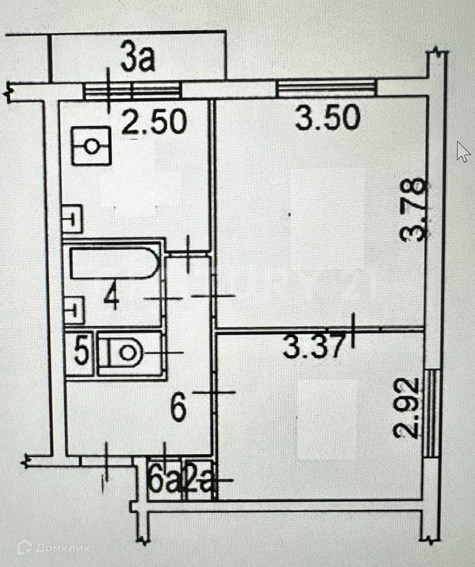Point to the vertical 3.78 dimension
(413, 209)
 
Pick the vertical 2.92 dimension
(406, 407)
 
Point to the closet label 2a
(200, 482)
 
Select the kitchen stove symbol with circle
(91, 146)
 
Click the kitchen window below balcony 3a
(132, 91)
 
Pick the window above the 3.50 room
(327, 87)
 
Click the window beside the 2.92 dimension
(431, 413)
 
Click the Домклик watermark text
(62, 548)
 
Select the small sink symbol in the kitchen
(72, 218)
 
